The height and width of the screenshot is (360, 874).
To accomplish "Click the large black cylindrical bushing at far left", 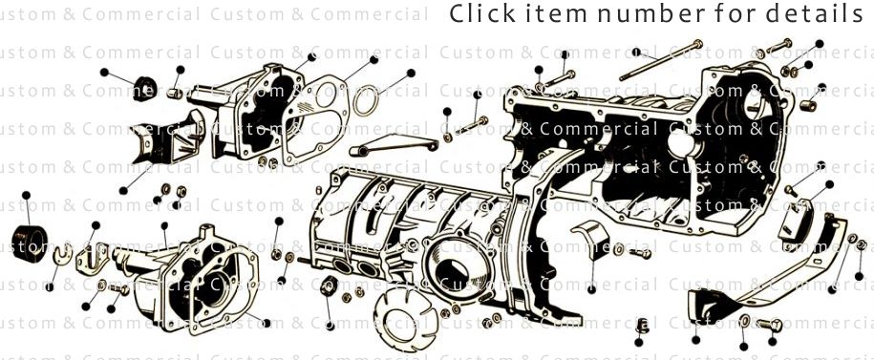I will tap(31, 243).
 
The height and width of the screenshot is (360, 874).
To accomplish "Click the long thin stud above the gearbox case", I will tap(658, 60).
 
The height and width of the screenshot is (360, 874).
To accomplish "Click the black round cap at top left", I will tap(145, 85).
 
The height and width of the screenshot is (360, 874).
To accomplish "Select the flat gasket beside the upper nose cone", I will tap(316, 118).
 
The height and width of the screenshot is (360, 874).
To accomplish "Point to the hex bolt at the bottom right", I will tap(772, 324).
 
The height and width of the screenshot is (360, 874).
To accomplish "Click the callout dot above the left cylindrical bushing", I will tap(27, 195).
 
